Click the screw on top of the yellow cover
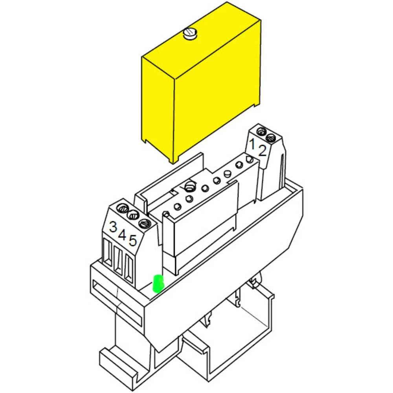(190, 34)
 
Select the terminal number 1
(252, 143)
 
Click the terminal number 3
(113, 227)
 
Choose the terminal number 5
(133, 241)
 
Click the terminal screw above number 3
(123, 208)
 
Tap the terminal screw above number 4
(133, 215)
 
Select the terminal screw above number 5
(144, 223)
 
